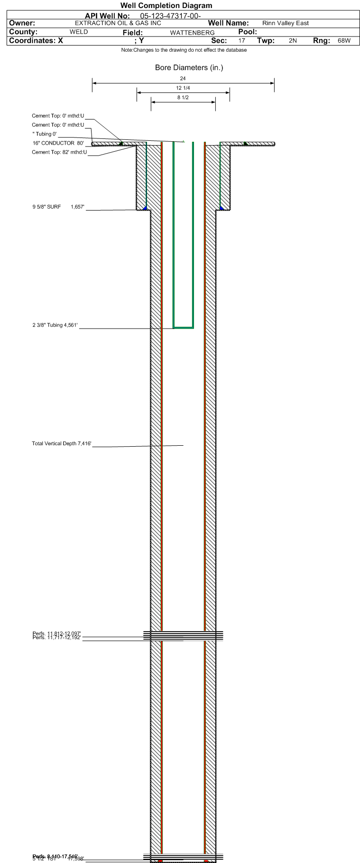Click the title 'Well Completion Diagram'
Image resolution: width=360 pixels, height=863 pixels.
point(166,6)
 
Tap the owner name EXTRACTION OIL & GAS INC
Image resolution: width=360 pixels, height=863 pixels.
point(118,23)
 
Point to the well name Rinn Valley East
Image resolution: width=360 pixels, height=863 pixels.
point(285,23)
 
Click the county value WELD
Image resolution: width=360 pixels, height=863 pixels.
point(79,32)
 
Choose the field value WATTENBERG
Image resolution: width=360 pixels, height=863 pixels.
point(192,33)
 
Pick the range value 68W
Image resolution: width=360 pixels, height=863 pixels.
point(344,41)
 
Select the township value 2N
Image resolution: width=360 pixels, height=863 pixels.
point(293,41)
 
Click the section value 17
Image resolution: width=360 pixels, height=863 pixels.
point(241,41)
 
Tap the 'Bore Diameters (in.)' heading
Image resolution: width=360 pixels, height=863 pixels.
point(189,68)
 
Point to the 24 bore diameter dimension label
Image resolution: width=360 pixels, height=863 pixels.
point(183,78)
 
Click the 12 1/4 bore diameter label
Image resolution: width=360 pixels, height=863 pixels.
point(183,88)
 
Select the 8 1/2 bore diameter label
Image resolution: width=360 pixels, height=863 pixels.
point(183,98)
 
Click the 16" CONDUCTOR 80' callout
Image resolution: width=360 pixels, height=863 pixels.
point(58,143)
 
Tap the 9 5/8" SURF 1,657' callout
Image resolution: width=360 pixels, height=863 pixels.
point(58,207)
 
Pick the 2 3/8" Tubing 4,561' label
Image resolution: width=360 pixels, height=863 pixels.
point(55,325)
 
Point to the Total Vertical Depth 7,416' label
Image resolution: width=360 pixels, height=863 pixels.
point(62,444)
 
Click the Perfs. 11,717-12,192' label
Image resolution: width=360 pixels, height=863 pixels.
point(57,638)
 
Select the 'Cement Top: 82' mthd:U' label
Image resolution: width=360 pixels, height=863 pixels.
point(59,152)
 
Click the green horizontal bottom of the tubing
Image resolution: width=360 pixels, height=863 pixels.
point(183,327)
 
